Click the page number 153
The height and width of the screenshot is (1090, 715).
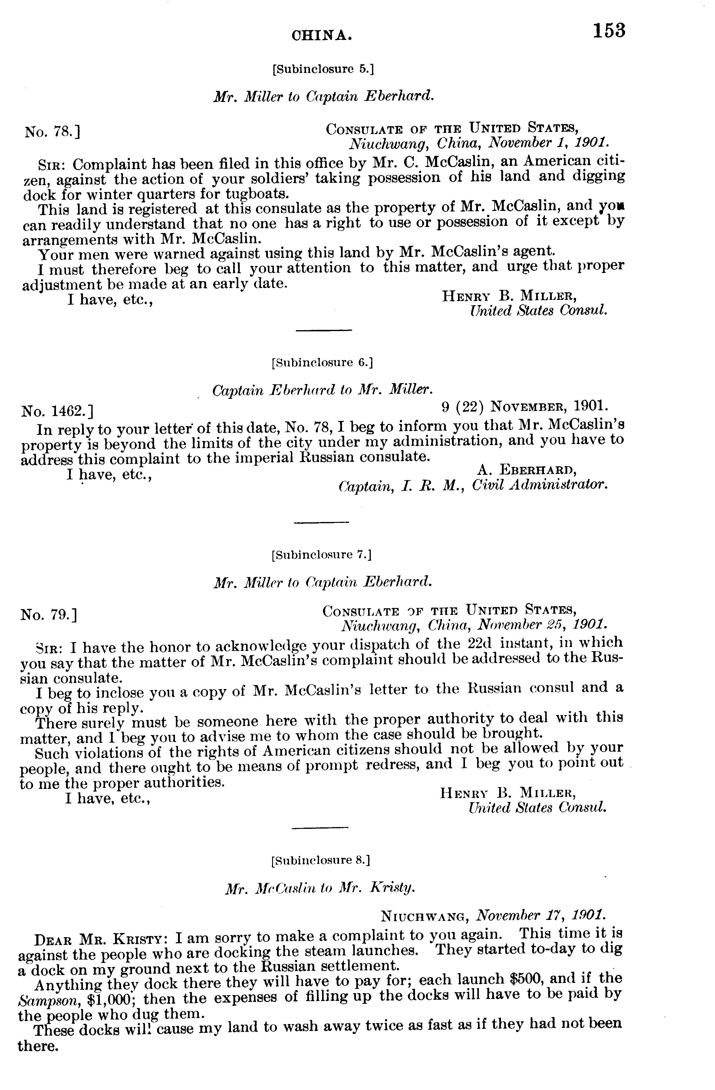(x=609, y=31)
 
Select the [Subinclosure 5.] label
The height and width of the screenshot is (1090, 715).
(x=323, y=69)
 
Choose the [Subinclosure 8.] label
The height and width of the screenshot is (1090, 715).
(x=321, y=860)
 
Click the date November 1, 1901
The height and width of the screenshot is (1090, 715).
(x=548, y=143)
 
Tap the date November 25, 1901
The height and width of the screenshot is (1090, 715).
(x=542, y=624)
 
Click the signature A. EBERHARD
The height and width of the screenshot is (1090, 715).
(x=527, y=469)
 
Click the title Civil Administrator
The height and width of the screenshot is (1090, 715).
(x=539, y=484)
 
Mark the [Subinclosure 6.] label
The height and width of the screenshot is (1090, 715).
(x=322, y=363)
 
